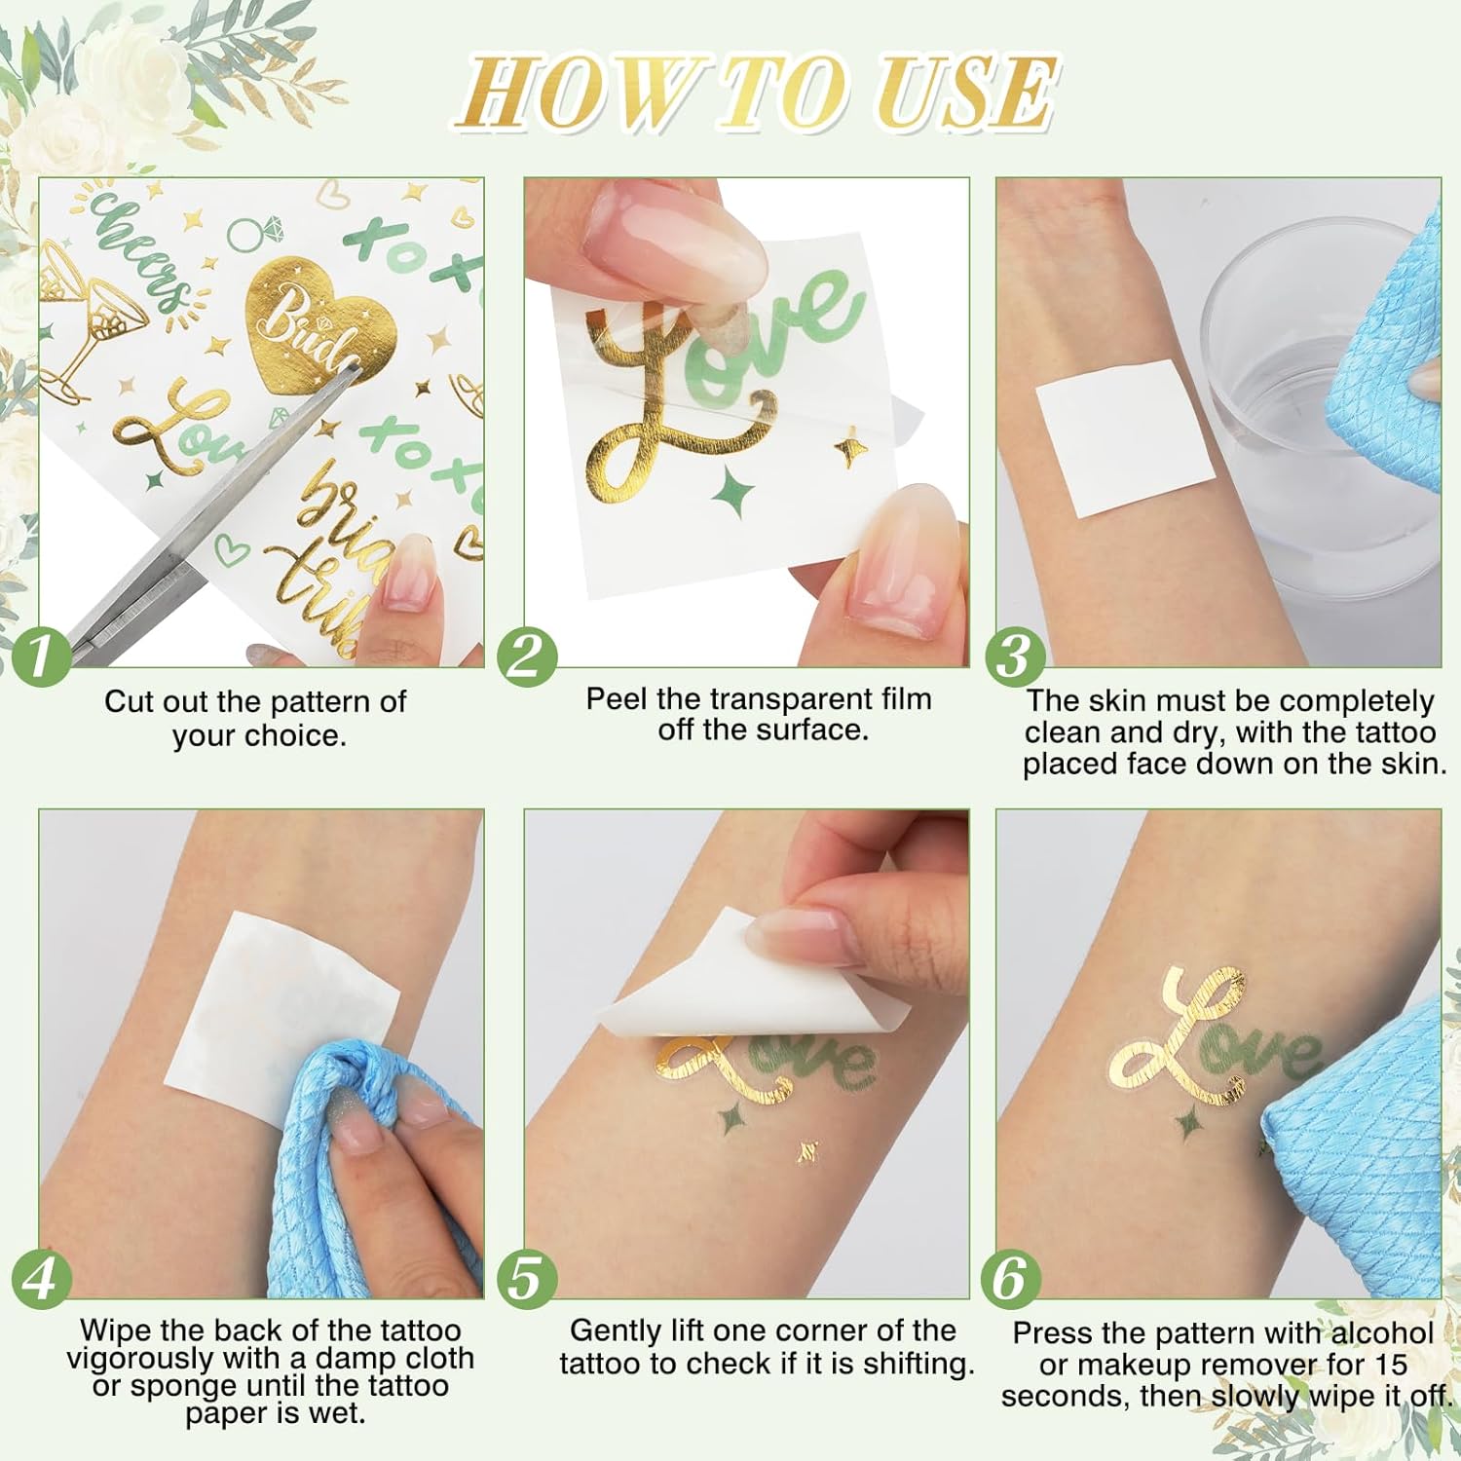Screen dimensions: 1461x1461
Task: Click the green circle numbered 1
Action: [x=40, y=655]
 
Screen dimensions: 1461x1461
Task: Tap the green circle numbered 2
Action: [x=527, y=655]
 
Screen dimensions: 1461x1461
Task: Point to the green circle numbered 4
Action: [x=42, y=1278]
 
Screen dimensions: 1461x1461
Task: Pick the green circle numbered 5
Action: [x=527, y=1278]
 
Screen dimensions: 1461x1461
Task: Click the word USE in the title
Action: [x=963, y=93]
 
